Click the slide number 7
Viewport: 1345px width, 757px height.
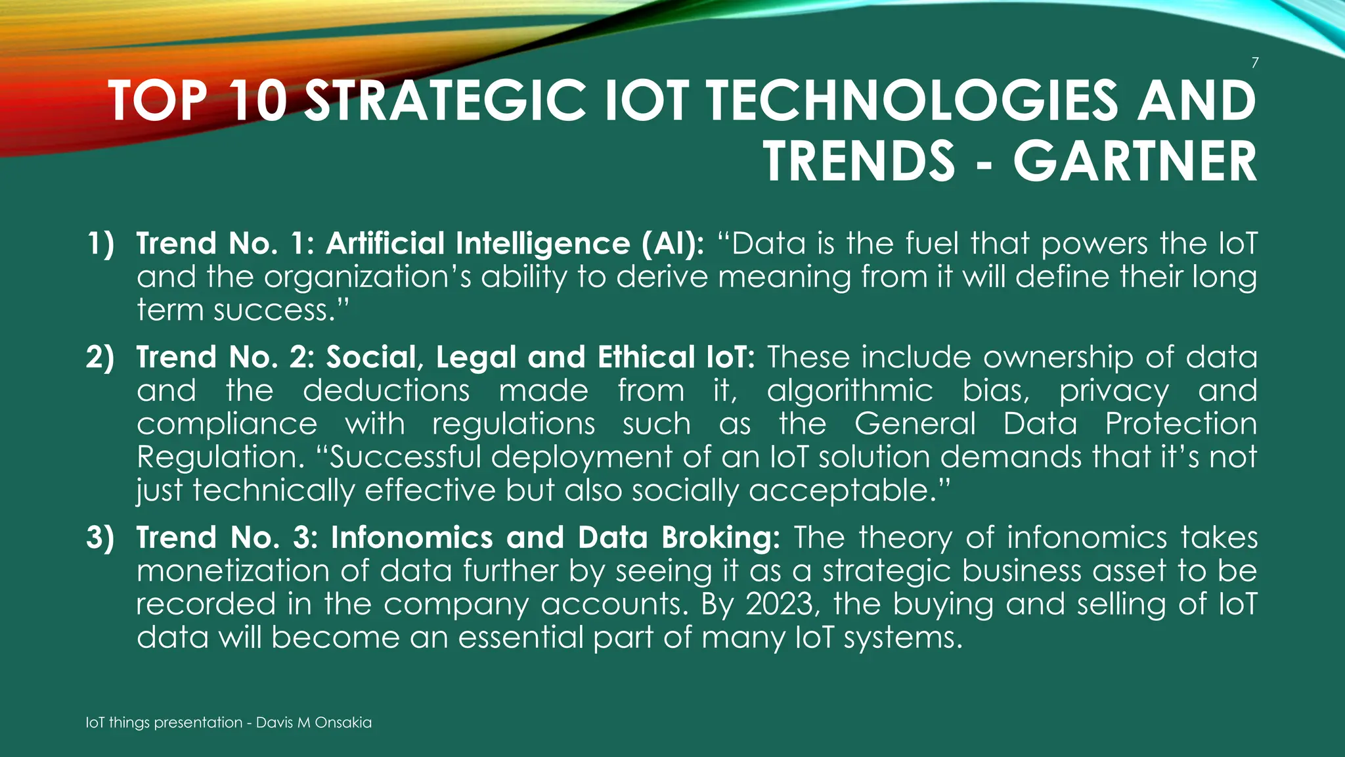(1254, 63)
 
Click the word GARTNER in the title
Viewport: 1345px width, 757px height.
(1135, 162)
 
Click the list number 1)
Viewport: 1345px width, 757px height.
(100, 244)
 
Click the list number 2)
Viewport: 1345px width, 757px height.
(100, 357)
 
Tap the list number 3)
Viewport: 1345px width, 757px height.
(100, 538)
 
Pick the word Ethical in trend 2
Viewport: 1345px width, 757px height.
(646, 357)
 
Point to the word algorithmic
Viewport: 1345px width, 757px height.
(850, 391)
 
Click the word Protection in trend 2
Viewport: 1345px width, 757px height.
(1181, 424)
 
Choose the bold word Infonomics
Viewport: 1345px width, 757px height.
(412, 538)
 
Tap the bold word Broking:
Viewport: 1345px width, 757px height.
(720, 538)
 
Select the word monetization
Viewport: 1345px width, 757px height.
(232, 571)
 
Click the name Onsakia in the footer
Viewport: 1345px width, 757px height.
(343, 723)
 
